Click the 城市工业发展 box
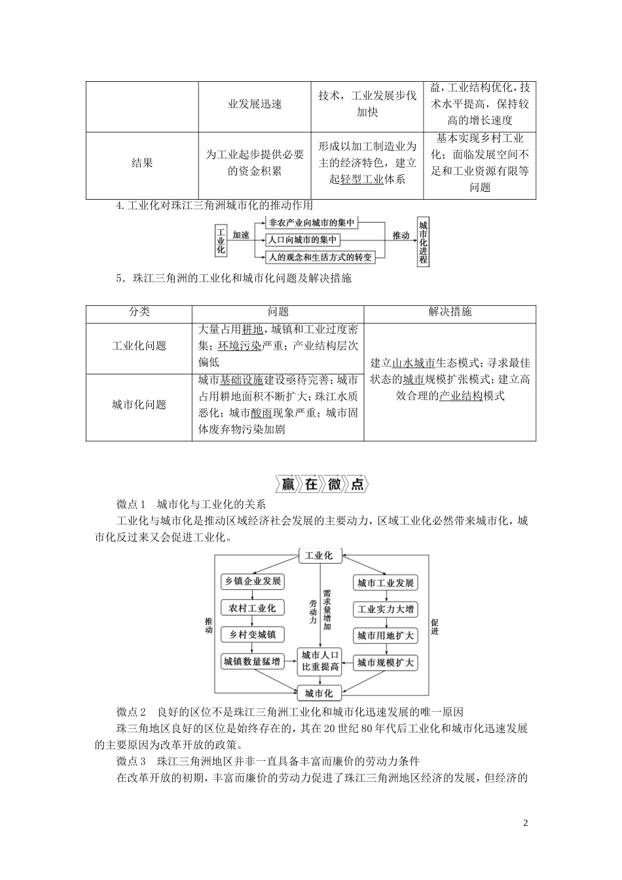coord(386,583)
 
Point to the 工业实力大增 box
coord(386,610)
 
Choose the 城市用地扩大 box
coord(386,636)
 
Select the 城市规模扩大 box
coord(386,663)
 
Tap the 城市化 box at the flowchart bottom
coord(320,693)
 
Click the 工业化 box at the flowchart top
coord(320,556)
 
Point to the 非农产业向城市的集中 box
coord(312,223)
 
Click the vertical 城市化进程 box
coord(423,240)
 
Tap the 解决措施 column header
coord(450,312)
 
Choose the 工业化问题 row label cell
coord(139,346)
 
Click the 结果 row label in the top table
coord(142,163)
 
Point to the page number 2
coord(525,823)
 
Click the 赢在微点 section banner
coord(321,485)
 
